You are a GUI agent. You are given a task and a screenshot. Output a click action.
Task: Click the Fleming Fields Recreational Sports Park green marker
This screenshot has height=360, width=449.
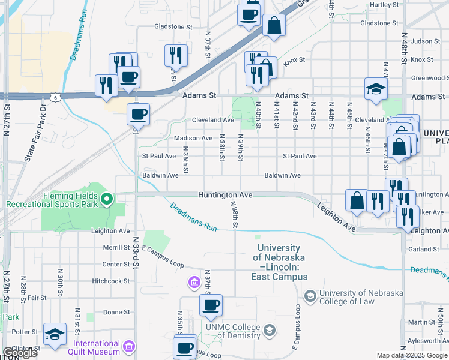pos(107,198)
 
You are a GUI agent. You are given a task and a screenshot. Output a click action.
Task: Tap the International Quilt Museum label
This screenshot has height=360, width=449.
pos(97,347)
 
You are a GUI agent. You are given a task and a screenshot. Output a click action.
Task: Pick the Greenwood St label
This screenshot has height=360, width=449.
pos(429,78)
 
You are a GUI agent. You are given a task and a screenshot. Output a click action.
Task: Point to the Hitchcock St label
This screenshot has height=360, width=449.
pos(111,281)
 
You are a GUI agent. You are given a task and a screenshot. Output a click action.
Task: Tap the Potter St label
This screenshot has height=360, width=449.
pos(25,331)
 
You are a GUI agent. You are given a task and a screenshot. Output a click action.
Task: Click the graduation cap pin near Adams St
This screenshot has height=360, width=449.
pos(376,89)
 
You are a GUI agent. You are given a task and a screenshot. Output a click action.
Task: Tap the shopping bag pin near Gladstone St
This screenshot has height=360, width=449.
pos(274,25)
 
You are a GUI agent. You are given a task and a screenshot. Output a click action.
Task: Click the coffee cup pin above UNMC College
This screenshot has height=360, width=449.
pos(211,305)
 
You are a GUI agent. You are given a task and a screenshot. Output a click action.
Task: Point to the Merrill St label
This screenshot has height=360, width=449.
pos(116,247)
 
